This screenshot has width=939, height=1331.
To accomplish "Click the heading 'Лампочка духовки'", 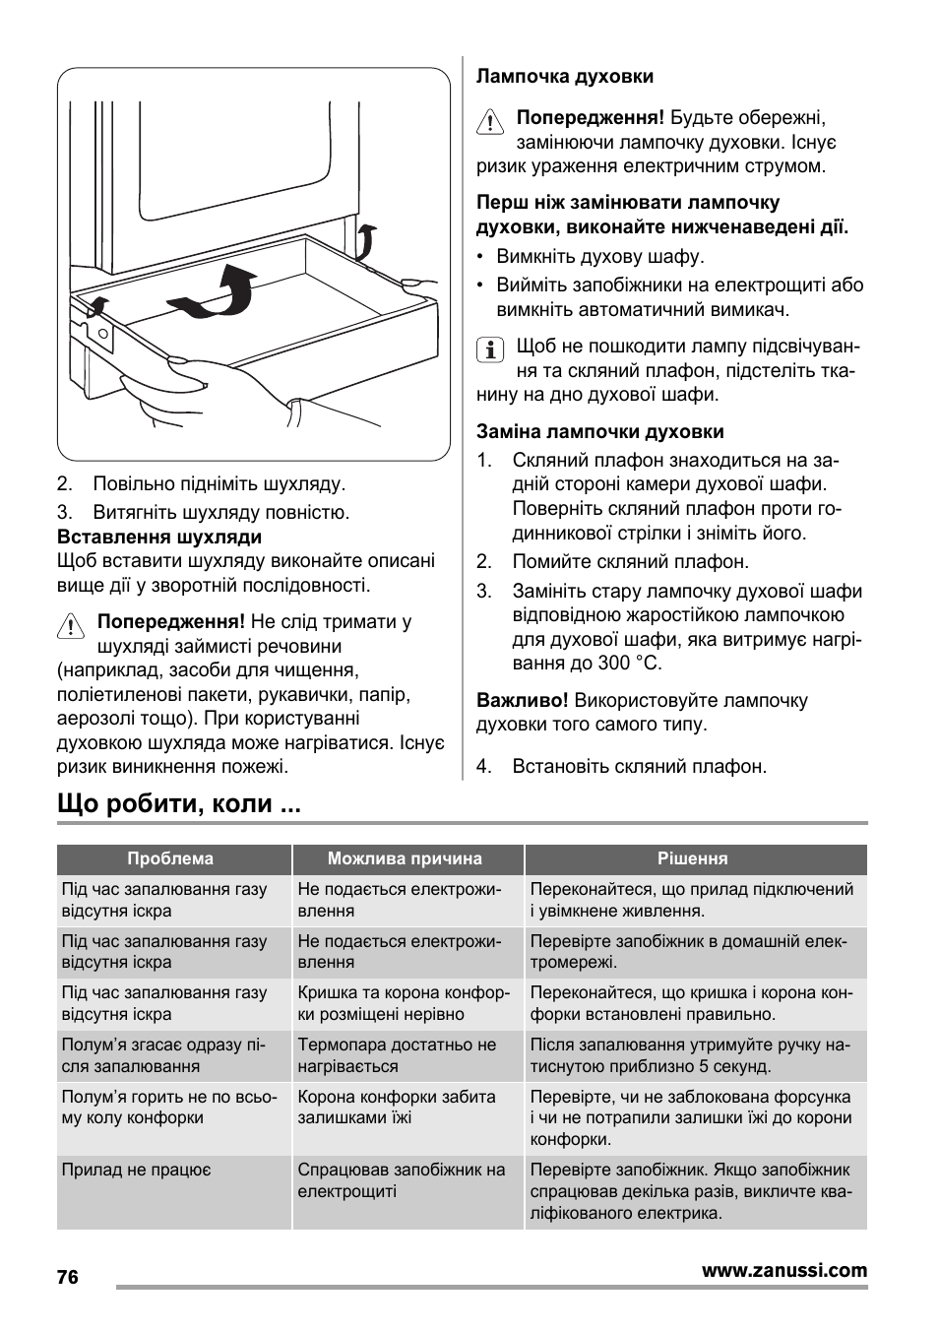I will click(x=565, y=77).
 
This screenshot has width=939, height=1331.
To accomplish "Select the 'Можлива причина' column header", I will click(x=405, y=858).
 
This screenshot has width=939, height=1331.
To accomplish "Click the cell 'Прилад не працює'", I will click(x=137, y=1171).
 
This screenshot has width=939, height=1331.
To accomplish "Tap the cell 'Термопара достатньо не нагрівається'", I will click(x=397, y=1055).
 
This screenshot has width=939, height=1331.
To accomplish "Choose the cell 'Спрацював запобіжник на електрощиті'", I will click(x=402, y=1180).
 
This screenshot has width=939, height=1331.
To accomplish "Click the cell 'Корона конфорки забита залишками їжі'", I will click(x=397, y=1108).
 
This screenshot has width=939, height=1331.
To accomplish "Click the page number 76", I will click(x=67, y=1278).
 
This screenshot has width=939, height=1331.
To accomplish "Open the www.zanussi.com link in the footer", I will click(x=784, y=1270).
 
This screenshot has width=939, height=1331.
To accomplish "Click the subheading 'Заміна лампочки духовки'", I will click(x=600, y=431).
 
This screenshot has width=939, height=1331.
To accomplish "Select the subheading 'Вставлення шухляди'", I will click(x=159, y=538).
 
